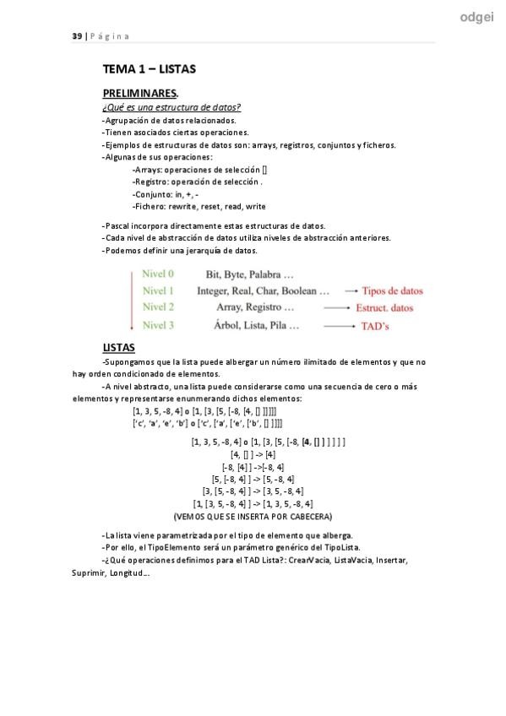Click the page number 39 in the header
click(x=76, y=36)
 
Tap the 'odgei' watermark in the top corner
click(x=477, y=18)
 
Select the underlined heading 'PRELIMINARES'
click(x=139, y=94)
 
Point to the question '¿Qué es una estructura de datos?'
click(x=171, y=107)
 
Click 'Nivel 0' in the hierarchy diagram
click(x=158, y=274)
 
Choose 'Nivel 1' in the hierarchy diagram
click(x=158, y=291)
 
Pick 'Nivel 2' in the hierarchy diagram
click(x=158, y=307)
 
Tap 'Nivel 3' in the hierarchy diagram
click(x=158, y=324)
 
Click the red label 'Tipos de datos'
click(x=393, y=291)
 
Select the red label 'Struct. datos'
click(x=384, y=308)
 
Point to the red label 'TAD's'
click(x=375, y=325)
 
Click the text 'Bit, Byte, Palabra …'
click(x=250, y=274)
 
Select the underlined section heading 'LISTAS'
click(x=118, y=348)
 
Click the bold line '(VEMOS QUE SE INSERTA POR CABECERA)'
click(x=253, y=516)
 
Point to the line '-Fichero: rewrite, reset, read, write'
click(x=199, y=206)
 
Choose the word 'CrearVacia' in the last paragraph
click(x=309, y=560)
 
